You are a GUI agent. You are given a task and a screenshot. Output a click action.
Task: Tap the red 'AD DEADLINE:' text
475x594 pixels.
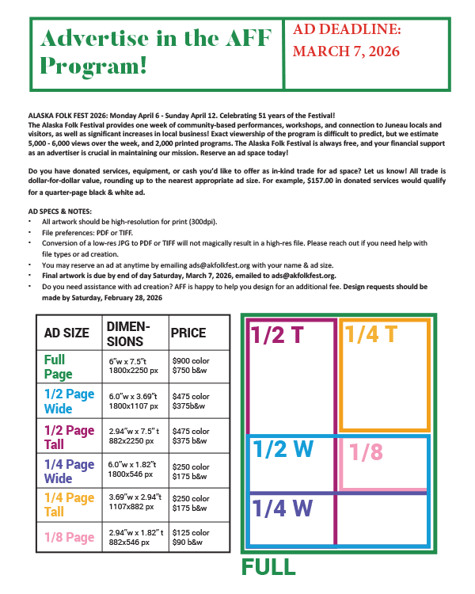point(348,30)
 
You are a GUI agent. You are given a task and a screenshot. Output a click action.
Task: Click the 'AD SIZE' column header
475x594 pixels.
point(66,333)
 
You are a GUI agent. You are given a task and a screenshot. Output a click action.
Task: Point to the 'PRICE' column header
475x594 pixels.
point(188,333)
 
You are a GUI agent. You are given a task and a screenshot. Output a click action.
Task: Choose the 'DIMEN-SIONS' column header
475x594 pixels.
point(127,333)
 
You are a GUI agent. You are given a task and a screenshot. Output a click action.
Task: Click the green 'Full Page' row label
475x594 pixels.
point(59,367)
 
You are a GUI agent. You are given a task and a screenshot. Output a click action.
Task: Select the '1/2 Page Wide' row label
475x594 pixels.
point(70,402)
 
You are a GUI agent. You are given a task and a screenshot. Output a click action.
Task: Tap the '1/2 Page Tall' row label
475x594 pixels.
point(69,437)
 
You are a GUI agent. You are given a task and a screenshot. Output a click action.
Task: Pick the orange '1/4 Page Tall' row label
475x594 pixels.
point(69,504)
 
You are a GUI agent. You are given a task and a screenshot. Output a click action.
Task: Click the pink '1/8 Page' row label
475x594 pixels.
point(69,537)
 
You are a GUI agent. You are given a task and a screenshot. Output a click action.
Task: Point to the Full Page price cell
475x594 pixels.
point(191,367)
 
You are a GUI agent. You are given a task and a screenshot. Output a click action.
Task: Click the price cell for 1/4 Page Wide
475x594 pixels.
point(191,470)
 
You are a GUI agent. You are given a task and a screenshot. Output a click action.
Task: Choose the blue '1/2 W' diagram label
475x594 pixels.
point(283,449)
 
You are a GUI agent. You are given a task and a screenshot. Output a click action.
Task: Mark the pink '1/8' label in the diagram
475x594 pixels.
point(366,452)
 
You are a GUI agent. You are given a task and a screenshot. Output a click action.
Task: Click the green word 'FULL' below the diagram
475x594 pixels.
point(268,567)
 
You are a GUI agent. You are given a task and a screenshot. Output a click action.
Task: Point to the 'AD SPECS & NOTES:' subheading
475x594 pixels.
point(59,211)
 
